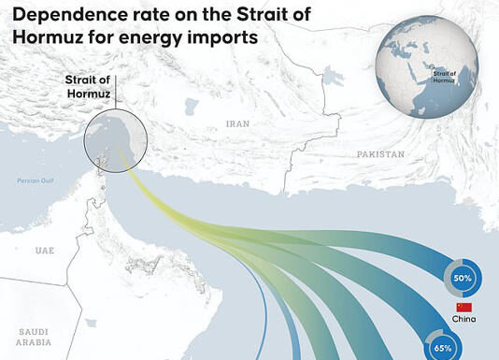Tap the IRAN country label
click(x=237, y=123)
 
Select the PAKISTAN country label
click(x=379, y=153)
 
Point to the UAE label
click(x=45, y=251)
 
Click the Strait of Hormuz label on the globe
click(x=446, y=75)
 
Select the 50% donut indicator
click(x=463, y=278)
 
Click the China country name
click(x=463, y=320)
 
